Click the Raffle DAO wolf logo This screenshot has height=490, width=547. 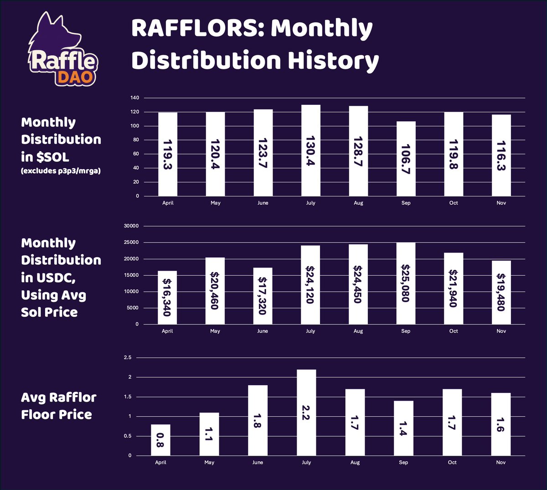(59, 50)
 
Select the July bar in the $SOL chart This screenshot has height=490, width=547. (311, 150)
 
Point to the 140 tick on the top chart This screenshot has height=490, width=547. (134, 98)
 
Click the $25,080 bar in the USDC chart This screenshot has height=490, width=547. (406, 283)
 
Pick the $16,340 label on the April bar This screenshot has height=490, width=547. (167, 297)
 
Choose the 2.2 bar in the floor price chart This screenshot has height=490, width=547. (306, 413)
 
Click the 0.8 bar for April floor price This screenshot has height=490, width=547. (160, 440)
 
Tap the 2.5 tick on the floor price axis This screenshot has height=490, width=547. (127, 358)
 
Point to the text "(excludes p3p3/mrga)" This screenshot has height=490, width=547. (61, 171)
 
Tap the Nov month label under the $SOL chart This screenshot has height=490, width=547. (501, 203)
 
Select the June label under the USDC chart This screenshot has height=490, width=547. (263, 331)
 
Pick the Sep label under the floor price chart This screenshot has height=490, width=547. (403, 462)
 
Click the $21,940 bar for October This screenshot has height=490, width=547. (454, 289)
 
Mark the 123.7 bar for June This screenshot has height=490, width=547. (263, 153)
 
